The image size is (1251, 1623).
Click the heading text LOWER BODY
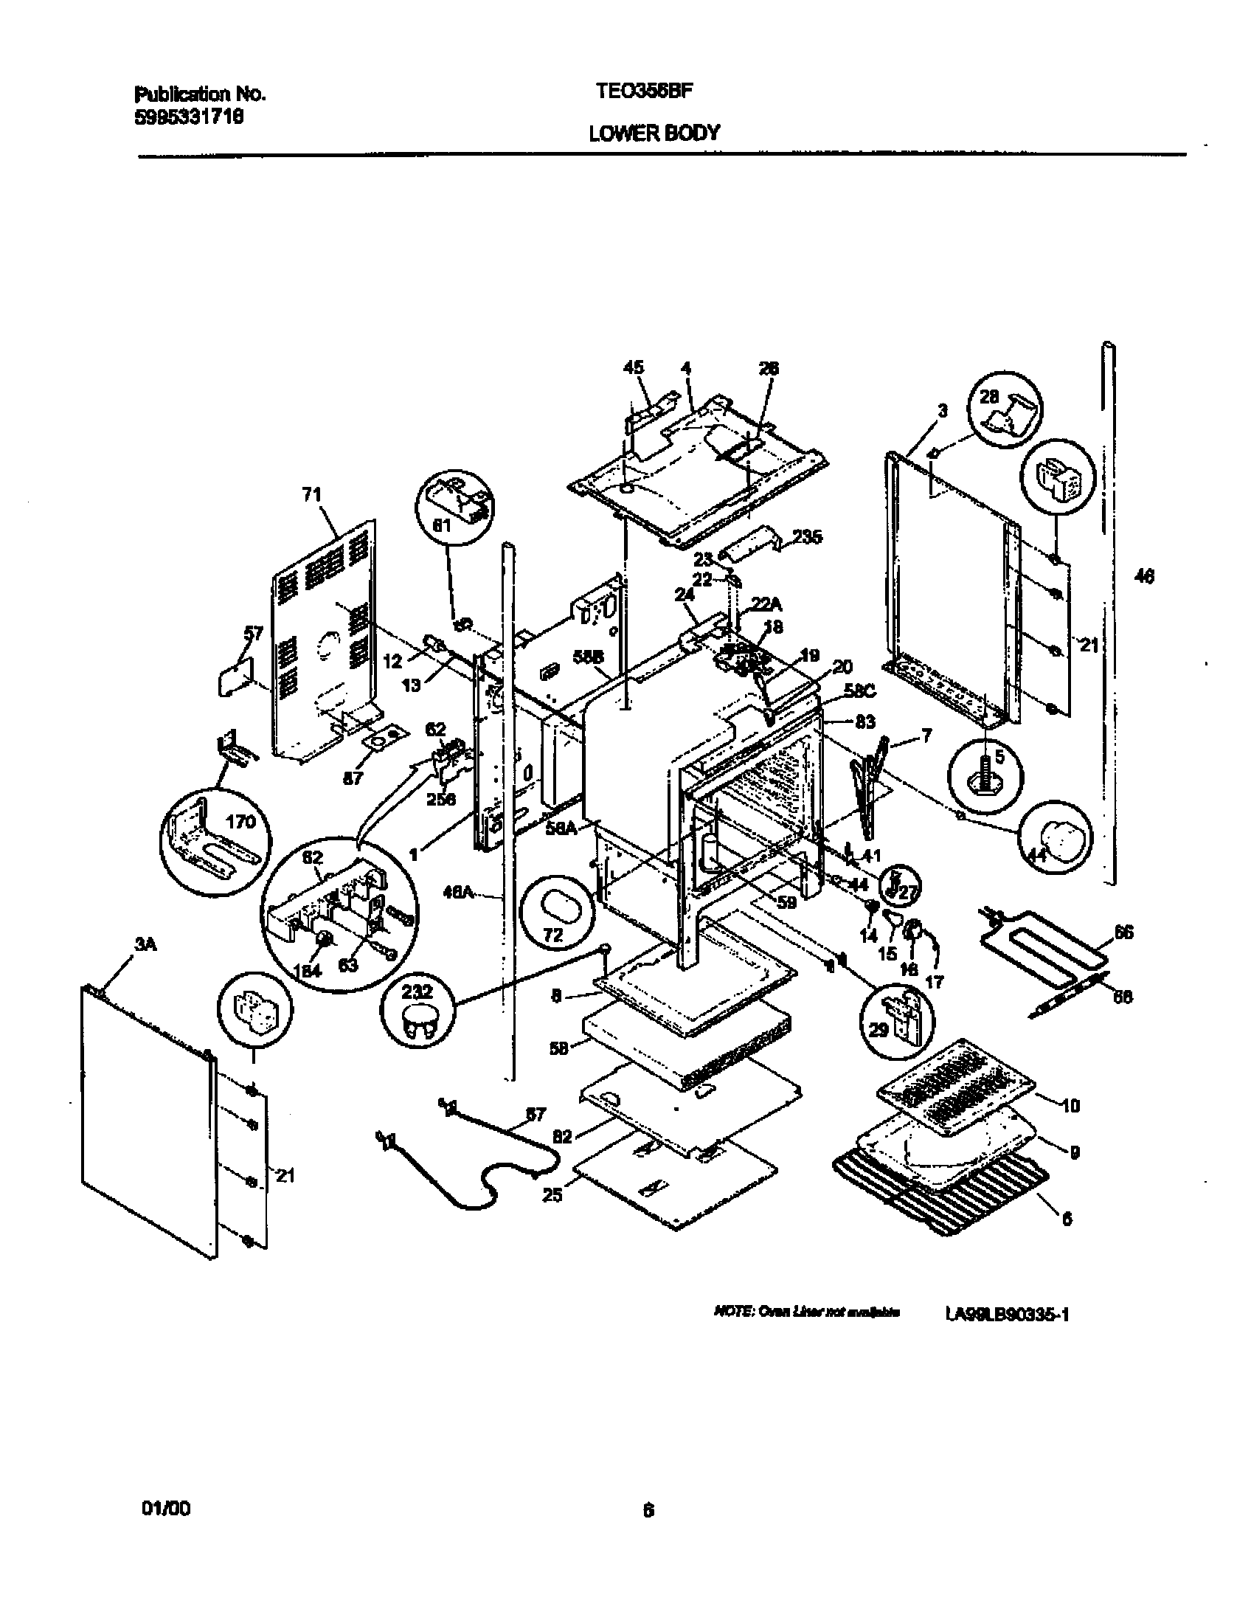pos(654,133)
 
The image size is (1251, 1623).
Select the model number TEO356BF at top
pos(644,91)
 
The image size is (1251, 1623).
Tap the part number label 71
pos(311,494)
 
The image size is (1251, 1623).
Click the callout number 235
pos(807,536)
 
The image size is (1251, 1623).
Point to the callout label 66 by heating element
pos(1124,932)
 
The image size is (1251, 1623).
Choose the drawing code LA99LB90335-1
pos(1008,1315)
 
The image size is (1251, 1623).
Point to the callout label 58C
pos(859,691)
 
